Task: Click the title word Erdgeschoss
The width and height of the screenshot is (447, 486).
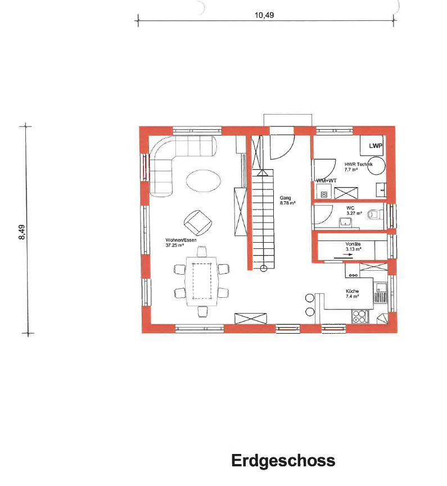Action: [x=283, y=461]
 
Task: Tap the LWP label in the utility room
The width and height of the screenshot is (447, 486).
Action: [x=376, y=146]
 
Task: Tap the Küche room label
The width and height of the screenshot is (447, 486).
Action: [x=353, y=291]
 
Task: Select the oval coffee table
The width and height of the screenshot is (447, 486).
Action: [x=203, y=181]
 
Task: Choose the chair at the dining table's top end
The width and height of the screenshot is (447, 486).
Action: [x=201, y=251]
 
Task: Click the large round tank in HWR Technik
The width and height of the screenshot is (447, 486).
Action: [x=376, y=166]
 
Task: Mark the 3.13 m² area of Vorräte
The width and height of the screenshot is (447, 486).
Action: [x=353, y=248]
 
